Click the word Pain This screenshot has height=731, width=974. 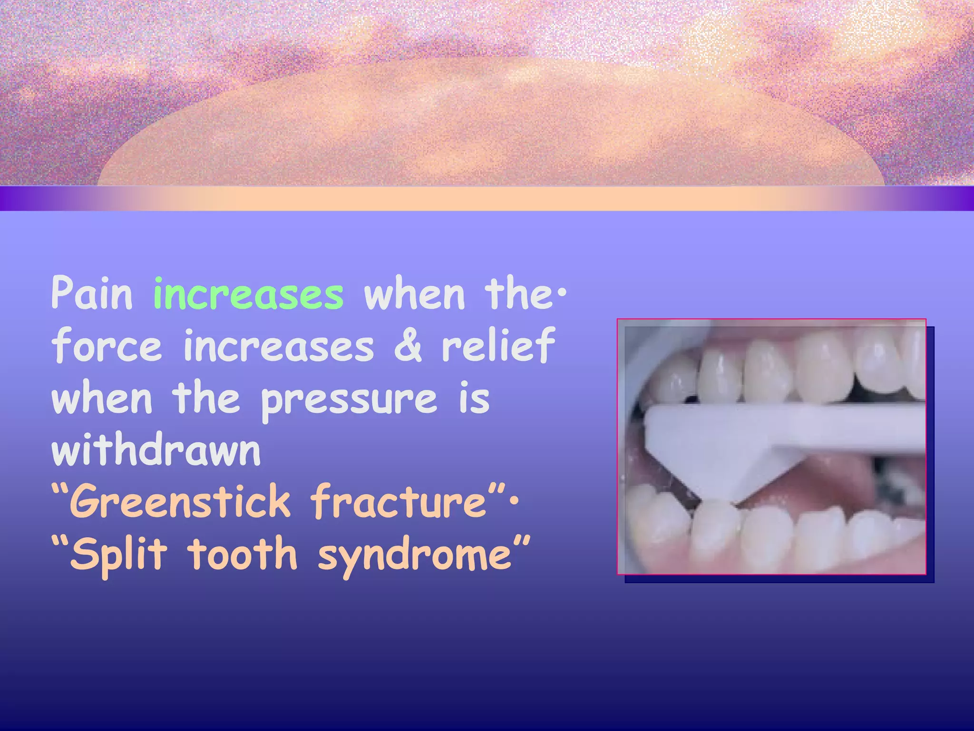tap(92, 293)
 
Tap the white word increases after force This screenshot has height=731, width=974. tap(279, 346)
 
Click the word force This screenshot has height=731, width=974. tap(107, 345)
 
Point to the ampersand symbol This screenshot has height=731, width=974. tap(408, 345)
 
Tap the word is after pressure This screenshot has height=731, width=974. tap(474, 399)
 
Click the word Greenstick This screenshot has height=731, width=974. tap(180, 501)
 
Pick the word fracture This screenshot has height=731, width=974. tap(398, 501)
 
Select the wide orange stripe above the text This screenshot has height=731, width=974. tap(487, 198)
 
